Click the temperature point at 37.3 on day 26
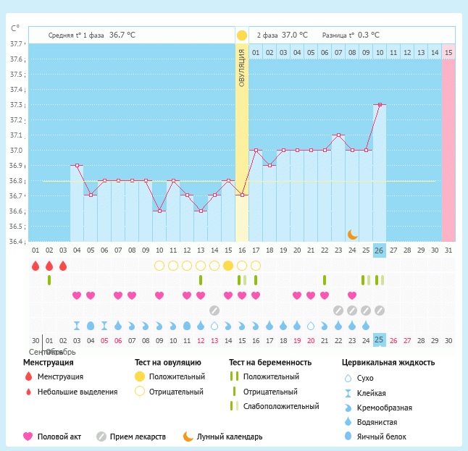point(380,104)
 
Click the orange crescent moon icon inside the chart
point(352,234)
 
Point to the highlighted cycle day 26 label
point(380,250)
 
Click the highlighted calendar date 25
point(380,340)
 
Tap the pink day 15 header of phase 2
point(448,52)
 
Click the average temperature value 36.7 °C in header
point(122,34)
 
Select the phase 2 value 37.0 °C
point(294,34)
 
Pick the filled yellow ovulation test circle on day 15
point(228,265)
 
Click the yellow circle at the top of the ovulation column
point(242,35)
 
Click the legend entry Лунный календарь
point(232,437)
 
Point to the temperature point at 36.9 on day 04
point(77,165)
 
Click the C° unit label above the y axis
point(15,29)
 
